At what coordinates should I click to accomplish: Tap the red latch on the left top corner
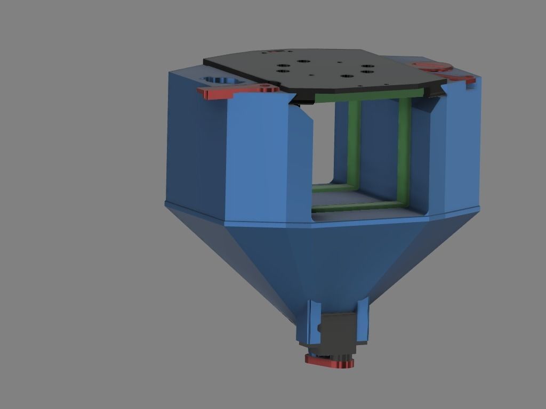[x=224, y=93]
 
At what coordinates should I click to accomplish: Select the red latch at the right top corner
[x=433, y=67]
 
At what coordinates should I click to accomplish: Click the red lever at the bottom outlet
[x=330, y=362]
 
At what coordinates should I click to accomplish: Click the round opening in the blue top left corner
[x=220, y=80]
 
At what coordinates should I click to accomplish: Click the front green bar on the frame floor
[x=357, y=206]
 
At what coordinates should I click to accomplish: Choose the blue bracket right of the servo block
[x=363, y=320]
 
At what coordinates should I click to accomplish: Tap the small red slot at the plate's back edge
[x=276, y=52]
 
